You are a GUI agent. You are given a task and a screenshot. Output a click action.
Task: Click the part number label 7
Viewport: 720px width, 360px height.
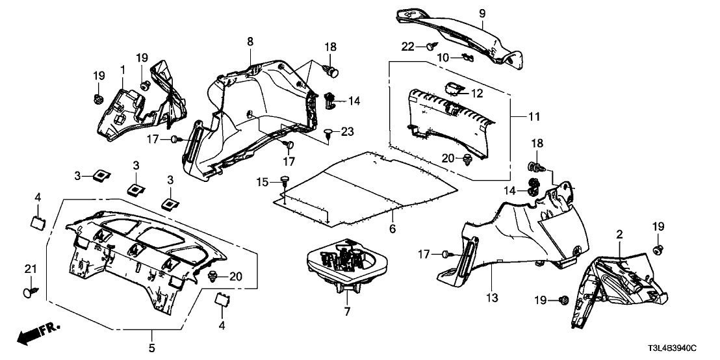[x=347, y=313]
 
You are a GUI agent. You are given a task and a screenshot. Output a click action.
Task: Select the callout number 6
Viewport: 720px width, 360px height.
[x=392, y=228]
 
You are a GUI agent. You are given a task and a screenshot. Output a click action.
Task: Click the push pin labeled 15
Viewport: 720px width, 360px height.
[x=285, y=180]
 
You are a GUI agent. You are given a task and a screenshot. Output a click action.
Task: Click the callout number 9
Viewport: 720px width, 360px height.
[x=482, y=12]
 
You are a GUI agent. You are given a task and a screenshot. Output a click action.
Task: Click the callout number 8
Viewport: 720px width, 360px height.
[x=250, y=42]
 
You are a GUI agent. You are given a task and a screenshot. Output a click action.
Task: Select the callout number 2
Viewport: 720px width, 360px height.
[x=619, y=233]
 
